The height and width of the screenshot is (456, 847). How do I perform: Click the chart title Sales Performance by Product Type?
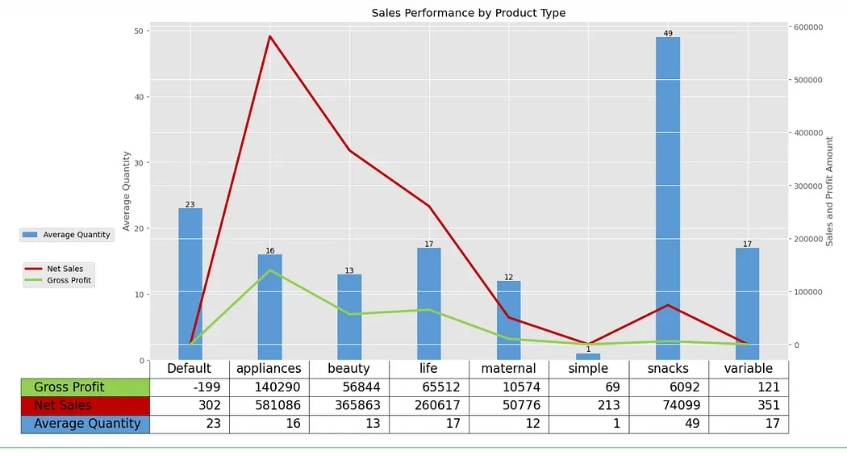[468, 13]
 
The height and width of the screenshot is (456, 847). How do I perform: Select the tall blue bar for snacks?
[667, 198]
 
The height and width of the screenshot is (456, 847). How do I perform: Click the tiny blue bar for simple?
[588, 357]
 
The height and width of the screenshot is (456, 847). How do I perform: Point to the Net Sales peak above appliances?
[270, 36]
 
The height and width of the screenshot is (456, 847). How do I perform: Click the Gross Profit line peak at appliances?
[270, 270]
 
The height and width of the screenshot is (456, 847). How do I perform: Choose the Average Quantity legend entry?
[67, 235]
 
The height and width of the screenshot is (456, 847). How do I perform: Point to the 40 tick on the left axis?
[140, 97]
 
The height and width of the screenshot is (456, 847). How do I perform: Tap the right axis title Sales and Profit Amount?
[829, 190]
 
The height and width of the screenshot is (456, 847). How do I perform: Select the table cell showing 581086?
[269, 405]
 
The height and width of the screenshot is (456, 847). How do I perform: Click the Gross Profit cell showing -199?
[190, 387]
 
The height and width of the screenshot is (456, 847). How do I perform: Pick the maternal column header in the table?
[508, 369]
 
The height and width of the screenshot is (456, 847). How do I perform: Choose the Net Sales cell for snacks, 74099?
[667, 405]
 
